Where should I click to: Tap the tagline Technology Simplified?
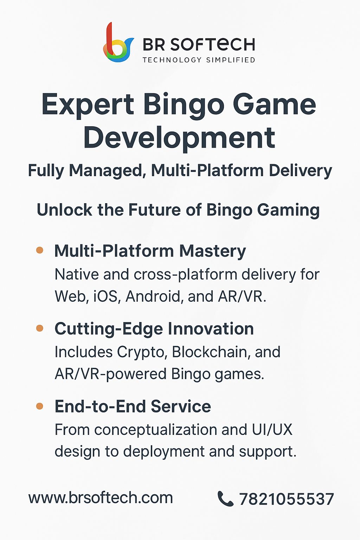click(x=199, y=60)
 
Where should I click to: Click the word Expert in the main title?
click(x=88, y=105)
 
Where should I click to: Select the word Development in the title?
click(x=179, y=139)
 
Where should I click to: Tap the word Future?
click(x=154, y=210)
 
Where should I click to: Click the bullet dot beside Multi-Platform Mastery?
click(x=39, y=250)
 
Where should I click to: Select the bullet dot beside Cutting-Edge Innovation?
click(x=39, y=328)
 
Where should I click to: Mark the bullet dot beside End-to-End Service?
click(x=39, y=406)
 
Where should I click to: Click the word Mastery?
click(x=212, y=252)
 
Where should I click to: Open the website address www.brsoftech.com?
click(x=101, y=498)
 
